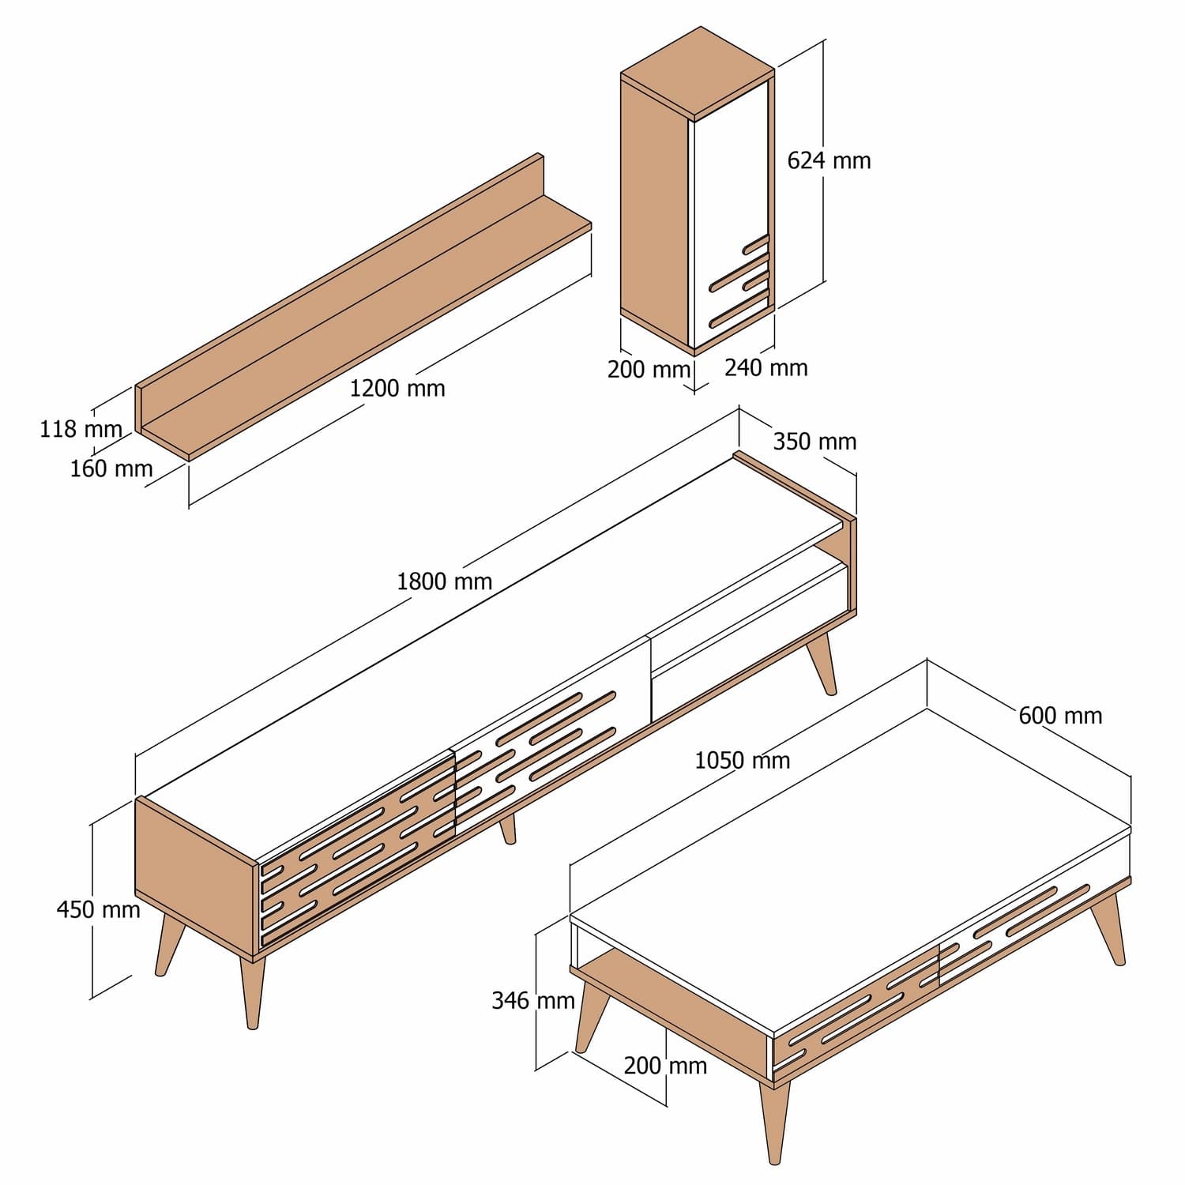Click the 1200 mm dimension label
[x=397, y=389]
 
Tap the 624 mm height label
[x=829, y=160]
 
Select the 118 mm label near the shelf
[x=81, y=429]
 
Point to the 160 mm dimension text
[x=111, y=468]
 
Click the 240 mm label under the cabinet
[x=766, y=367]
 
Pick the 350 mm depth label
[x=814, y=441]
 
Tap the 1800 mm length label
[x=444, y=581]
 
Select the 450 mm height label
[x=98, y=909]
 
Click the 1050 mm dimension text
[x=742, y=760]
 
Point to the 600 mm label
[x=1060, y=716]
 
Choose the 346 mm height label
[x=532, y=1001]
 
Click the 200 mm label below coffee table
[x=665, y=1066]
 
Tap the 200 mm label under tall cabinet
[x=649, y=369]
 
